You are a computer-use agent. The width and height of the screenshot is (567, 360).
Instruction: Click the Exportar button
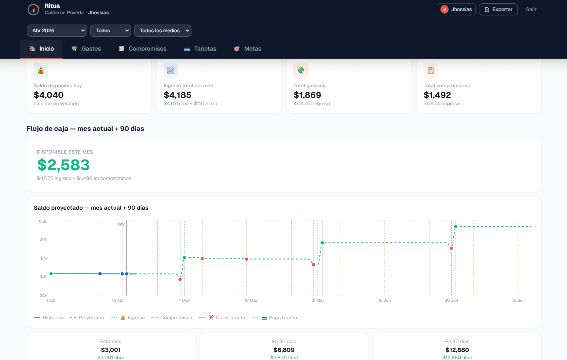(498, 10)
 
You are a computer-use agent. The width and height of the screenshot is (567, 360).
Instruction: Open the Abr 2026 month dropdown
(56, 31)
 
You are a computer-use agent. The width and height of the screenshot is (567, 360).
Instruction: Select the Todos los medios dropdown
(162, 31)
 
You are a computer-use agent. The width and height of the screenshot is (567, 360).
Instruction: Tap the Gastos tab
(86, 49)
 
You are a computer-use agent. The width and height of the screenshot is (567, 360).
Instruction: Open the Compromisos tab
(143, 49)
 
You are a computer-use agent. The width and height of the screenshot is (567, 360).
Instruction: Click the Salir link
(531, 10)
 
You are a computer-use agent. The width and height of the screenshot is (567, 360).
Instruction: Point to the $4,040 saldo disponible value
(49, 95)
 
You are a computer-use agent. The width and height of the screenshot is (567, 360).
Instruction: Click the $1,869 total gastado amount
(307, 95)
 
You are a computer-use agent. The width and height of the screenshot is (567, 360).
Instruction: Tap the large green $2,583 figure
(63, 165)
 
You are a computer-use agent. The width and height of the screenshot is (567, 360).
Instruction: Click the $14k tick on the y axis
(43, 222)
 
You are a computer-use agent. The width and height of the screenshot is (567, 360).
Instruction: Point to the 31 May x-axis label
(318, 300)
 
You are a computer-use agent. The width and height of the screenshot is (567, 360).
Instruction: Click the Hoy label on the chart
(121, 224)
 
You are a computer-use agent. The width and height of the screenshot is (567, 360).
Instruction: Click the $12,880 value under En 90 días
(457, 350)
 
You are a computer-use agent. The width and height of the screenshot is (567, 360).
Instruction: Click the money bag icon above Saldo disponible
(41, 70)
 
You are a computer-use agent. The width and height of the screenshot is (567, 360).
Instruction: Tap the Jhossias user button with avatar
(456, 10)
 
